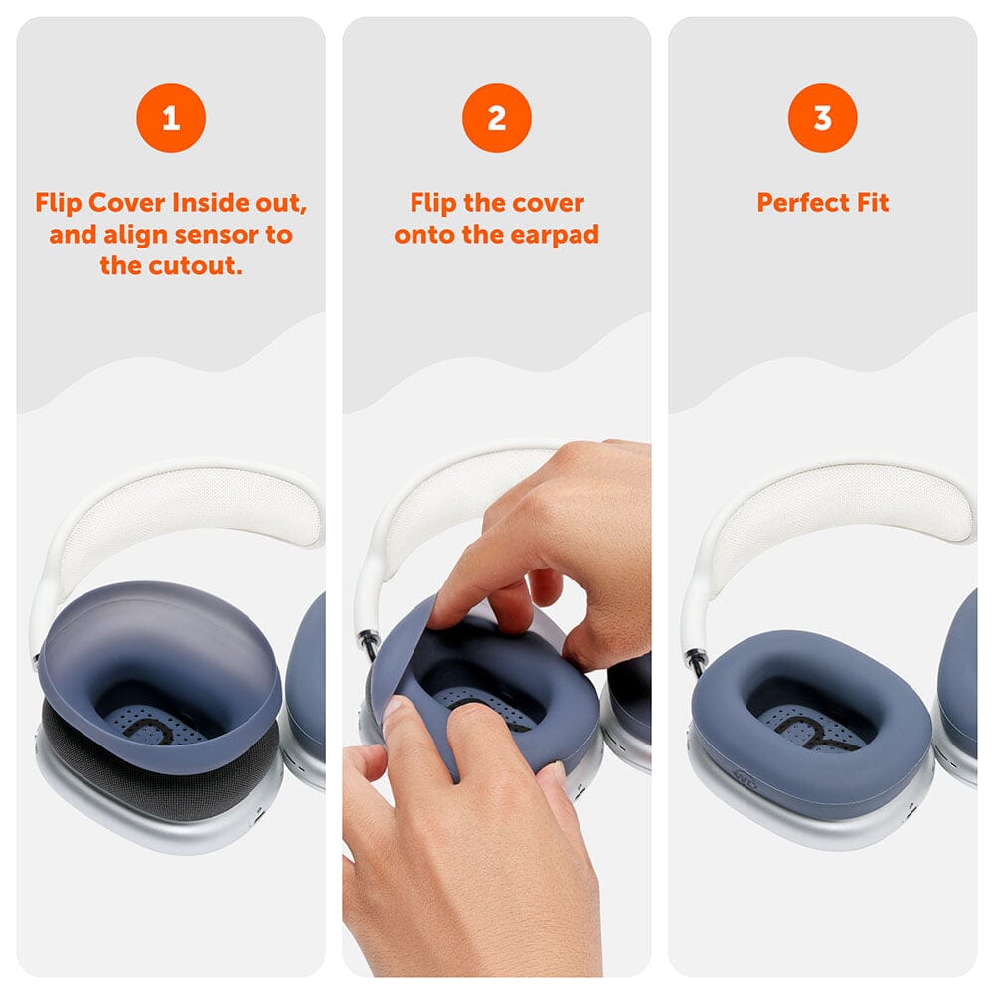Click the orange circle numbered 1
click(171, 118)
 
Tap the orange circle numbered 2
click(497, 118)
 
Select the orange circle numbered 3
click(823, 118)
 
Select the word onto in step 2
click(423, 235)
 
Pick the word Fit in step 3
click(872, 203)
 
